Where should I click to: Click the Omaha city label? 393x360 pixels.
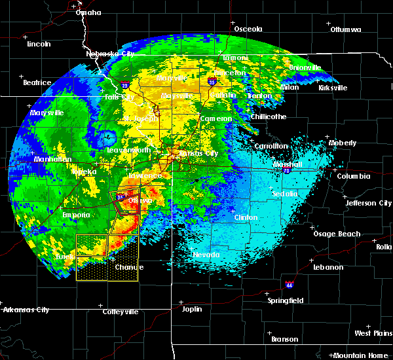tap(88, 12)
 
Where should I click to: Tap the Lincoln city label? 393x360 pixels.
tap(39, 44)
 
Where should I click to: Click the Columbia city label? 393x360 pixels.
tap(354, 176)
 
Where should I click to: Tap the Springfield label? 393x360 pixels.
tap(286, 300)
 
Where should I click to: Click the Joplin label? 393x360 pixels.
tap(191, 309)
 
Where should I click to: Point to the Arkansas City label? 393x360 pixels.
tap(26, 309)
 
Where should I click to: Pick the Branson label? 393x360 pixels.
tap(284, 339)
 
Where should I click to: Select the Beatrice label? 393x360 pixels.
tap(37, 82)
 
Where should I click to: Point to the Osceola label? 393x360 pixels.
tap(248, 29)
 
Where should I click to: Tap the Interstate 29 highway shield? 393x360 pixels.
tap(124, 84)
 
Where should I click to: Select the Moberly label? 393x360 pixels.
tap(342, 143)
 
